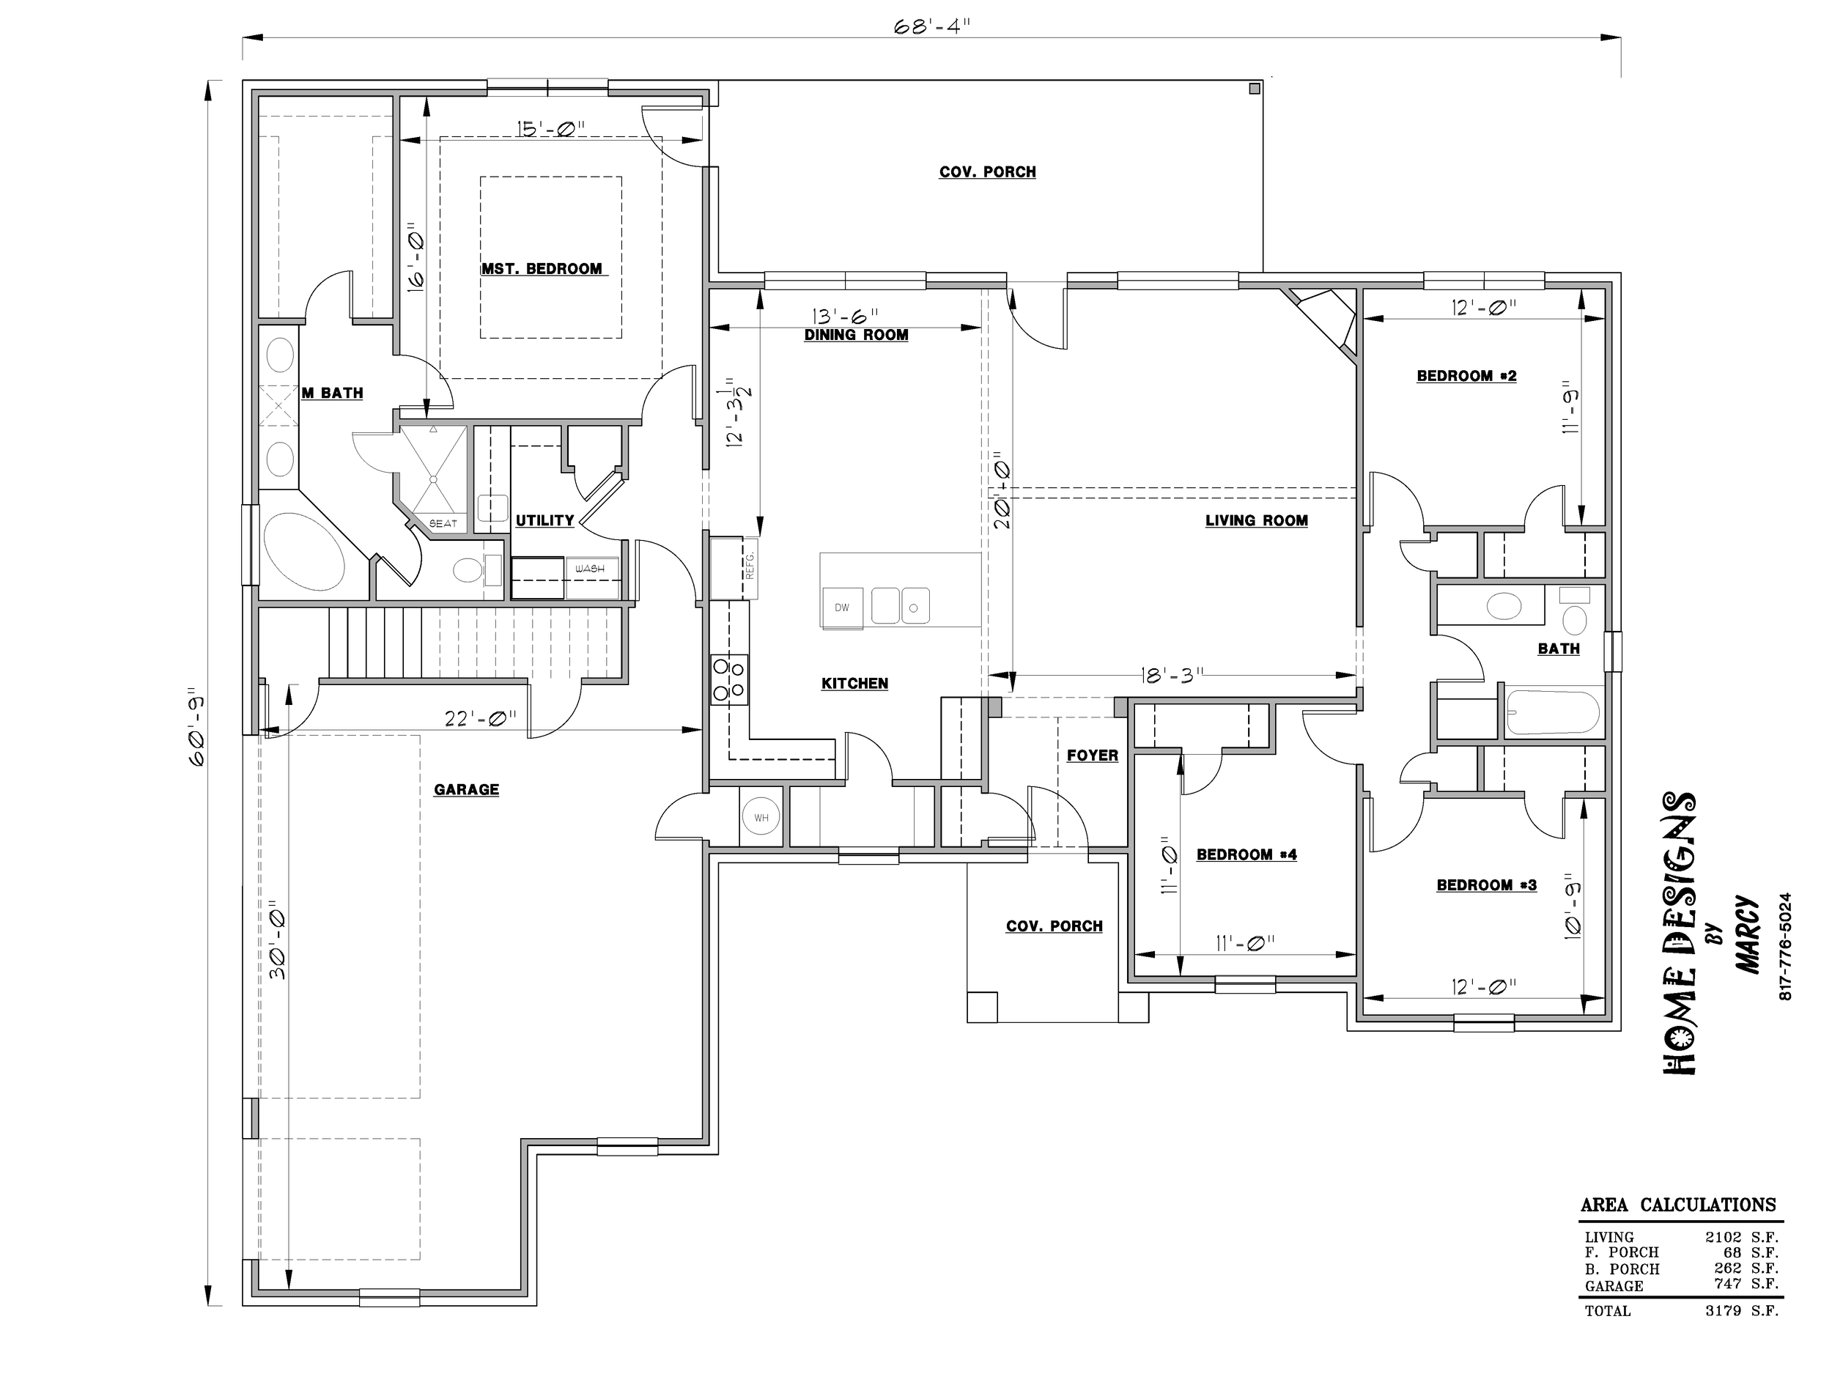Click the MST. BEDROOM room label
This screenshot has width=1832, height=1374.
tap(542, 269)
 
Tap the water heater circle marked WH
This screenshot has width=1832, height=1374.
tap(761, 818)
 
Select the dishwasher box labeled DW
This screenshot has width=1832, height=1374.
tap(842, 607)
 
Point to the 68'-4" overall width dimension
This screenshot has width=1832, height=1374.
tap(931, 26)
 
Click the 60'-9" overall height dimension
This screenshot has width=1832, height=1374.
tap(197, 726)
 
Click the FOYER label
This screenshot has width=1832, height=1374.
tap(1093, 756)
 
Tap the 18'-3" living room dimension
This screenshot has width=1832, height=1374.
tap(1171, 676)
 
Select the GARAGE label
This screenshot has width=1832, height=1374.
tap(466, 790)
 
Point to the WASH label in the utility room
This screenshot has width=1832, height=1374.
tap(590, 569)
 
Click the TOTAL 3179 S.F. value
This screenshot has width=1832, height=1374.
tap(1742, 1310)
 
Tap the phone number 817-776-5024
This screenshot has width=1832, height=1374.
tap(1786, 946)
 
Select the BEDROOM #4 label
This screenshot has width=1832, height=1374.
tap(1246, 854)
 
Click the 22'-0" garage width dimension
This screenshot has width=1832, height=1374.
tap(481, 718)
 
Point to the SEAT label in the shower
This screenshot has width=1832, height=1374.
tap(443, 523)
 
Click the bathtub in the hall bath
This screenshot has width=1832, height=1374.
tap(1554, 712)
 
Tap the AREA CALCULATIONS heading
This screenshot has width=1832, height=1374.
tap(1678, 1205)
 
